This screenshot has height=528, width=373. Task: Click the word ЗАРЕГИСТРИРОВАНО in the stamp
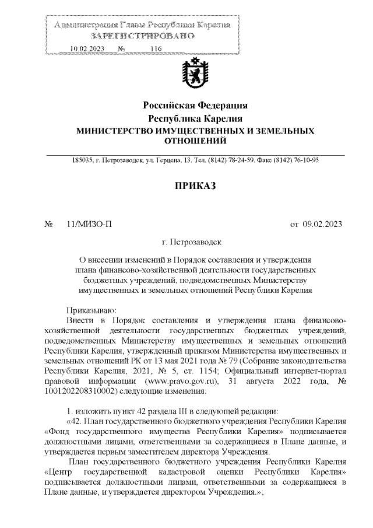point(142,36)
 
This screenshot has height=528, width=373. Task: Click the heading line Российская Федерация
point(195,106)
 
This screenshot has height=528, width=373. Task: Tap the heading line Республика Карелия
point(195,118)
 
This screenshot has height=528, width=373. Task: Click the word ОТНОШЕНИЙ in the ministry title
point(195,141)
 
